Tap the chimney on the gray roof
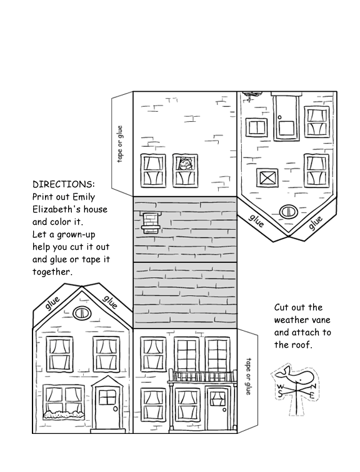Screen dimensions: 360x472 click(x=151, y=222)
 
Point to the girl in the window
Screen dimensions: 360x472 click(x=185, y=165)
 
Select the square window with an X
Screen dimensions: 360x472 click(x=267, y=177)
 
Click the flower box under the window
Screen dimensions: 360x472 click(x=64, y=415)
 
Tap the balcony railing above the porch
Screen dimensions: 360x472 click(x=202, y=376)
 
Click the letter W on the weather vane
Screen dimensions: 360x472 click(x=280, y=387)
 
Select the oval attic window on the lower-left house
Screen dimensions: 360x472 click(x=82, y=313)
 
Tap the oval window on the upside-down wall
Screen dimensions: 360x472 click(x=289, y=212)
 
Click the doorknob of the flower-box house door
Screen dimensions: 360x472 click(x=116, y=409)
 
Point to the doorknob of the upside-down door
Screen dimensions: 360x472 click(x=279, y=117)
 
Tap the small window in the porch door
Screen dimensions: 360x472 click(x=217, y=398)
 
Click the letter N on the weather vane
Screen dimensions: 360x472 click(x=313, y=386)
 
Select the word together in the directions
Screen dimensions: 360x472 click(x=52, y=272)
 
